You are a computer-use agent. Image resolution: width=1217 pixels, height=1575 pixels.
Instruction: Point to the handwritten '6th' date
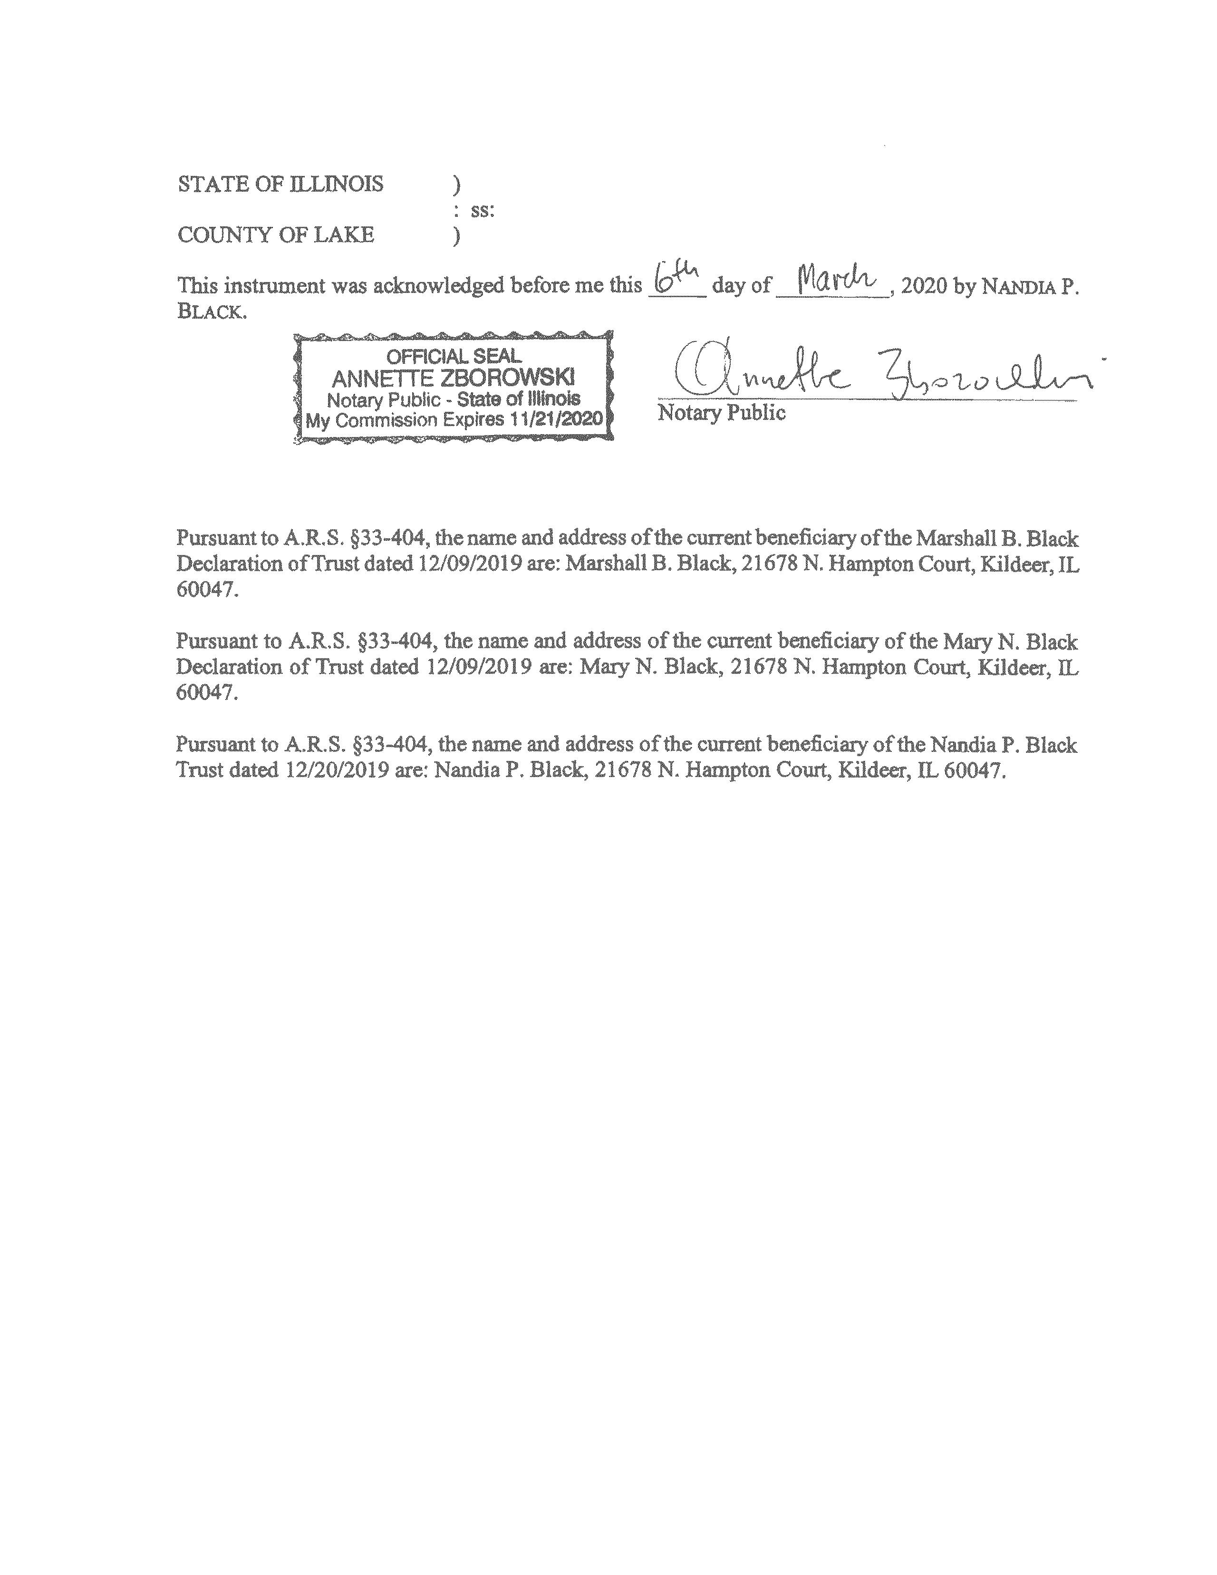pos(675,278)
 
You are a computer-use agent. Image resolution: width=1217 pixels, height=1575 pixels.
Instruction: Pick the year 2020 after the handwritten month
pos(924,286)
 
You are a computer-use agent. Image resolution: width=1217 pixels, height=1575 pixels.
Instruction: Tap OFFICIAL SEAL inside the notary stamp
pos(454,356)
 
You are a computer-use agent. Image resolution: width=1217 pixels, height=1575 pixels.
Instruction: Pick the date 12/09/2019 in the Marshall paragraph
pos(469,564)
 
